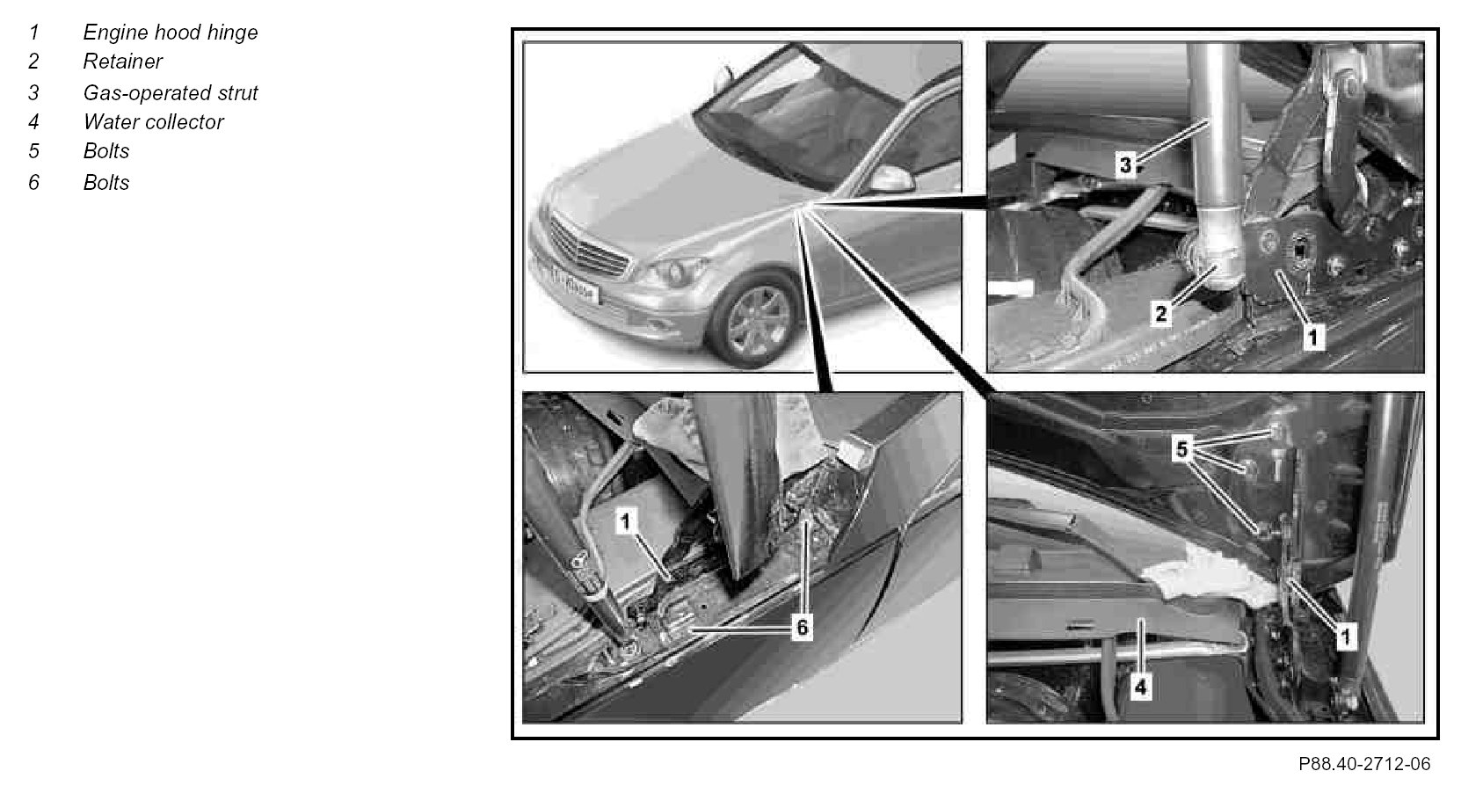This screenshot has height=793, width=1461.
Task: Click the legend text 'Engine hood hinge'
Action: (171, 33)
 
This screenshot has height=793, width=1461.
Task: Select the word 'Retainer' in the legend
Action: (122, 62)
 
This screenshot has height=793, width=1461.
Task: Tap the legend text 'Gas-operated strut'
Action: (171, 92)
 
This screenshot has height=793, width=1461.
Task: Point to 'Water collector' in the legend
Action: (153, 122)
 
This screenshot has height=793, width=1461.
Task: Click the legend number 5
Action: (34, 151)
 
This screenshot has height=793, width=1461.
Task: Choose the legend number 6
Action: (34, 182)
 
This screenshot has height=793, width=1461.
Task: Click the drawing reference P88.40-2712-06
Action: (1364, 764)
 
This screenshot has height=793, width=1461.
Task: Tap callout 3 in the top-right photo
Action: (1126, 165)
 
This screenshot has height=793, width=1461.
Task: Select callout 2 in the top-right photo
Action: (1161, 314)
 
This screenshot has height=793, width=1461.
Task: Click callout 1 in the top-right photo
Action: (1313, 337)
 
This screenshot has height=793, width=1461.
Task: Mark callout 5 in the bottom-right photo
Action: (1181, 448)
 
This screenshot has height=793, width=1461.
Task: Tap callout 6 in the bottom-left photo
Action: (803, 628)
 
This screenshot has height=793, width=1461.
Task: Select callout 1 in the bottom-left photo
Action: (626, 521)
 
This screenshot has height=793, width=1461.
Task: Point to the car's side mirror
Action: (891, 180)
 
